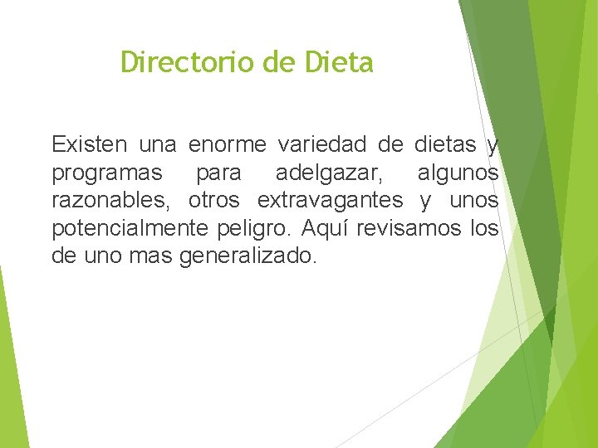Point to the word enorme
point(228,145)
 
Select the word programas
point(107,173)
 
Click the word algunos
point(458,173)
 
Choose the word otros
point(214,201)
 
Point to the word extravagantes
point(331,201)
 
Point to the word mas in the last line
point(150,256)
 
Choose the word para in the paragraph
point(218,173)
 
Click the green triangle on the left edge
point(12,365)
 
